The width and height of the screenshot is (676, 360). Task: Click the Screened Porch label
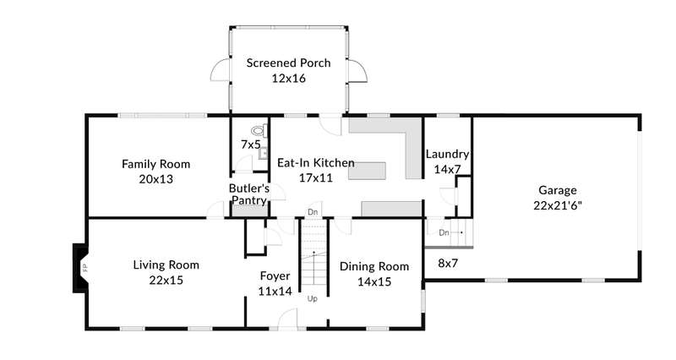click(288, 63)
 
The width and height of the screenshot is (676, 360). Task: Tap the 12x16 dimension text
click(288, 78)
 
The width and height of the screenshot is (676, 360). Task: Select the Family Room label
click(155, 164)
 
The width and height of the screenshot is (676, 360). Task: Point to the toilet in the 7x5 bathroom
click(259, 130)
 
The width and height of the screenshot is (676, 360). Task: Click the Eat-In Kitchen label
click(315, 162)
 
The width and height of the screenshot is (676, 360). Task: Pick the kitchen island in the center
click(367, 171)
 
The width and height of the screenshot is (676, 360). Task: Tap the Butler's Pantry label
click(249, 194)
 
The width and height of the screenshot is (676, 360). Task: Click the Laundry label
click(447, 154)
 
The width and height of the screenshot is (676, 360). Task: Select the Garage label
click(558, 190)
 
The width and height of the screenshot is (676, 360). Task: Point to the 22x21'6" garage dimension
click(558, 205)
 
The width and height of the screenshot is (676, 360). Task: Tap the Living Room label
click(166, 265)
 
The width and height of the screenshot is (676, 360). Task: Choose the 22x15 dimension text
click(166, 281)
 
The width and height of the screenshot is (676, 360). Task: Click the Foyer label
click(275, 276)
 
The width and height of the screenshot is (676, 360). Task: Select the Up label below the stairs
click(312, 299)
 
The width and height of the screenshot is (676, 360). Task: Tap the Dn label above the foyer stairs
click(313, 212)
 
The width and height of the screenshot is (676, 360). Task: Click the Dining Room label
click(374, 266)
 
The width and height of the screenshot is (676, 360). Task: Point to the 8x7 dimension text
click(448, 263)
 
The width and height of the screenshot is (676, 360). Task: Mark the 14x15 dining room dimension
click(374, 281)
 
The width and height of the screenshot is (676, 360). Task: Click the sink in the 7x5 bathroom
click(264, 153)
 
